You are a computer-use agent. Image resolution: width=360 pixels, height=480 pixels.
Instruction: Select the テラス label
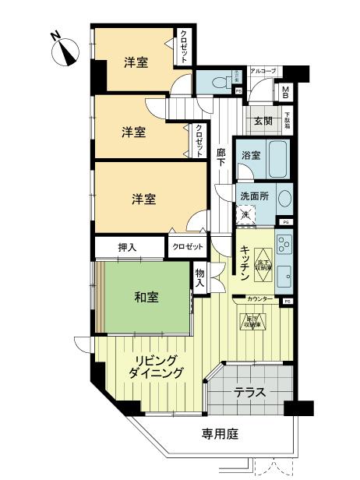pyautogui.click(x=249, y=392)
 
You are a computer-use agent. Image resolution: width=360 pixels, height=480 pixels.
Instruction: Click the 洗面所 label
pyautogui.click(x=254, y=196)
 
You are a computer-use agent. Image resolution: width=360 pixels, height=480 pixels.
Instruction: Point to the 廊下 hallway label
pyautogui.click(x=221, y=157)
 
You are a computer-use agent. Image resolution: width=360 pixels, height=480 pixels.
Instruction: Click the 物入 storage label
pyautogui.click(x=200, y=277)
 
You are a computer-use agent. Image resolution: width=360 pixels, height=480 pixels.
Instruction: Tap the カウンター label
pyautogui.click(x=259, y=299)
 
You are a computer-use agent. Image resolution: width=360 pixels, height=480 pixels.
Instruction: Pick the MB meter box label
pyautogui.click(x=286, y=93)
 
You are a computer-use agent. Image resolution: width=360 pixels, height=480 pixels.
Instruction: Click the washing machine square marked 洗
pyautogui.click(x=245, y=214)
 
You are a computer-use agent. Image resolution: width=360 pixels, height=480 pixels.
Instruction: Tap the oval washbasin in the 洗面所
pyautogui.click(x=284, y=199)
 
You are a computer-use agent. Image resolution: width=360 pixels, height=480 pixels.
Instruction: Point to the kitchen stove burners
pyautogui.click(x=284, y=248)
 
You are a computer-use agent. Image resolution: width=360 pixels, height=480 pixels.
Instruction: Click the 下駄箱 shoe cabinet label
pyautogui.click(x=288, y=120)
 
